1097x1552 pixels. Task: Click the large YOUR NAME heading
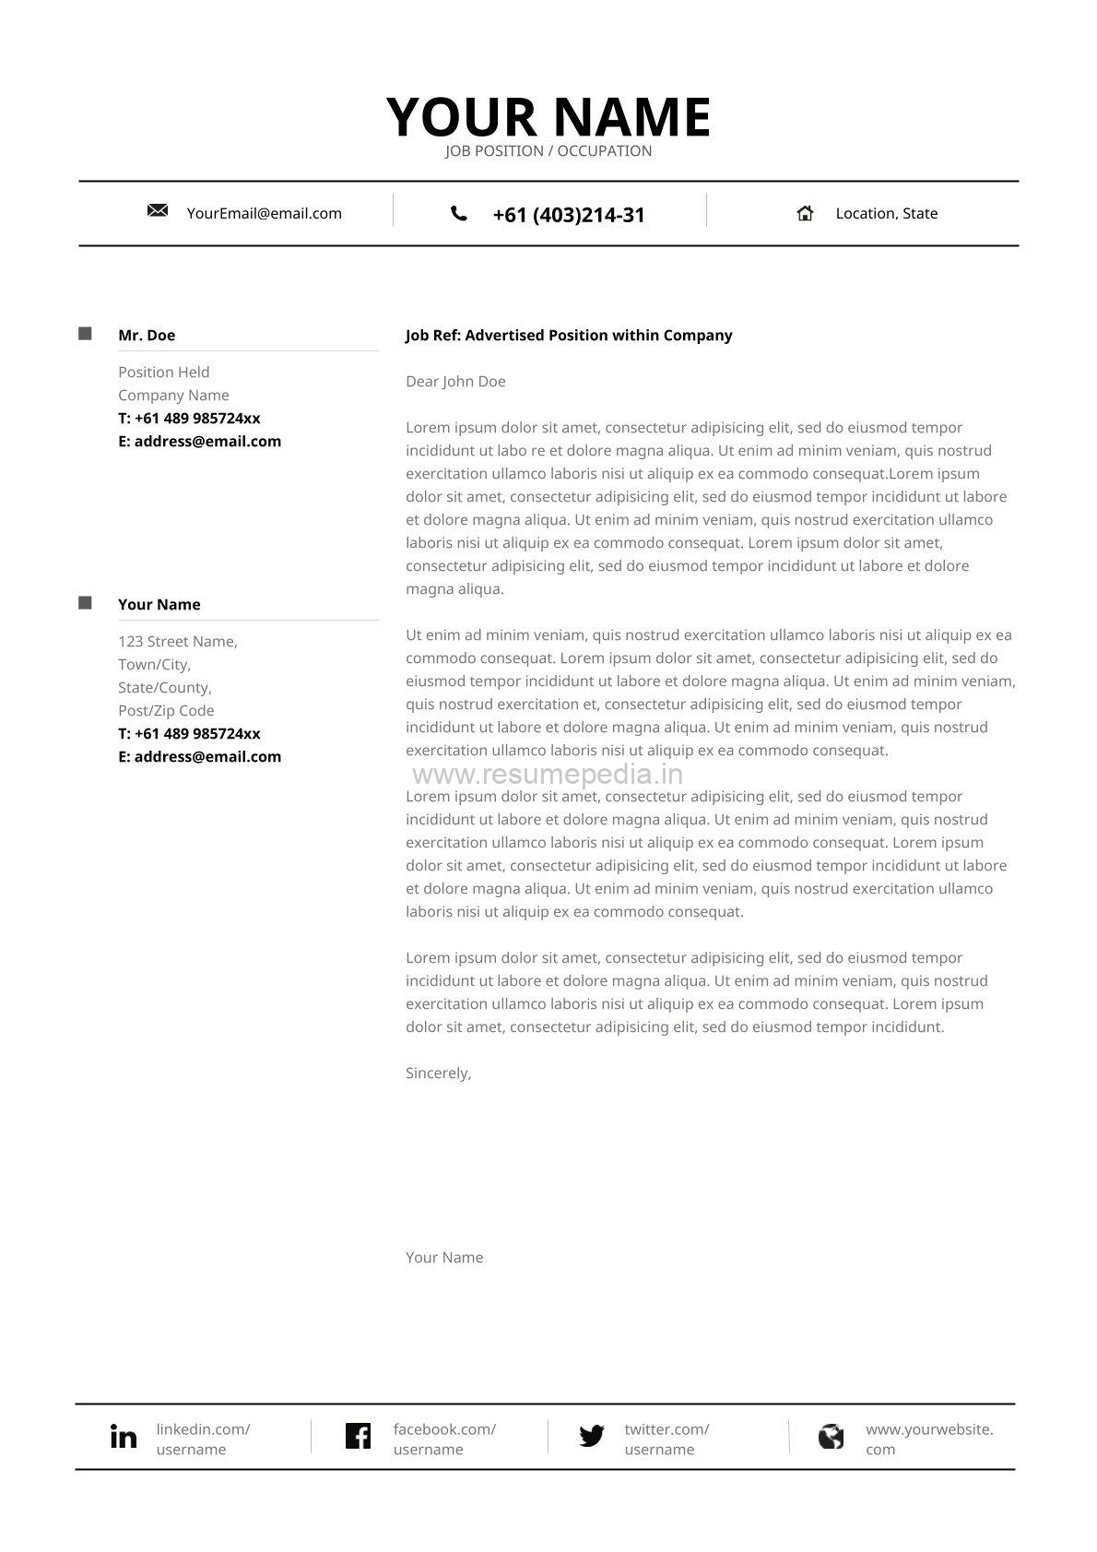tap(548, 117)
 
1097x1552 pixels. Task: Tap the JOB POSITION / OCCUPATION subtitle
tap(548, 151)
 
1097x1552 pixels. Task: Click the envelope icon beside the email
tap(158, 211)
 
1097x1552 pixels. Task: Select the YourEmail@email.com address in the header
tap(264, 214)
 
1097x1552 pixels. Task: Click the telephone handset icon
tap(458, 214)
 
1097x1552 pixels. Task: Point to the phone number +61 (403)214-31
tap(569, 215)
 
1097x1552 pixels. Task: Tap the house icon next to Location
tap(805, 213)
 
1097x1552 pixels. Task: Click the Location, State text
tap(886, 214)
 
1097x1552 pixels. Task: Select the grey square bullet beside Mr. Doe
tap(86, 334)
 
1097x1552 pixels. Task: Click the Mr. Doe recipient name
tap(147, 336)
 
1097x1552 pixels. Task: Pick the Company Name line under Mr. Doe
tap(173, 396)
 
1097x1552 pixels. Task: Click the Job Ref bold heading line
tap(569, 336)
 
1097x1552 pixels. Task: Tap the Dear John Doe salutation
tap(455, 382)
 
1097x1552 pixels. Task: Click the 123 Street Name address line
tap(178, 642)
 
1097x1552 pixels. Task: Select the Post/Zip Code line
tap(166, 711)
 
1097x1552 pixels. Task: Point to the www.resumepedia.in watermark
tap(548, 775)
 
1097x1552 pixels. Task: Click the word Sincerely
tap(438, 1073)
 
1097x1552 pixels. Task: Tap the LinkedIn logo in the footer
tap(124, 1437)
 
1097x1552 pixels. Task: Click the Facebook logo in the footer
tap(358, 1436)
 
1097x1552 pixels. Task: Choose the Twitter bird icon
tap(592, 1436)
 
